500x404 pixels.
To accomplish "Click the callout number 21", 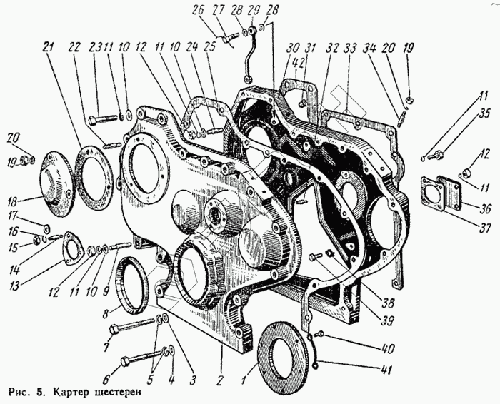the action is point(48,48).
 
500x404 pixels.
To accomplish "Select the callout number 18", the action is point(13,202).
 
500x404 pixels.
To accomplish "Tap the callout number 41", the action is point(386,370).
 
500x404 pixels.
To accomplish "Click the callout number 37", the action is point(484,228).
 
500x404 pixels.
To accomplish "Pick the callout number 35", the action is point(485,114).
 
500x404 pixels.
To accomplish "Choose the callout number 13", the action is point(14,286).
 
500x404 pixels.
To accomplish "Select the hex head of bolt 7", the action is point(114,329).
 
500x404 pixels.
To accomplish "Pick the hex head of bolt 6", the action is point(125,363).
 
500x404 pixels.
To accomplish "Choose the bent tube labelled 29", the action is point(249,54).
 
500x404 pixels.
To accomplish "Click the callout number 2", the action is point(220,380).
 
